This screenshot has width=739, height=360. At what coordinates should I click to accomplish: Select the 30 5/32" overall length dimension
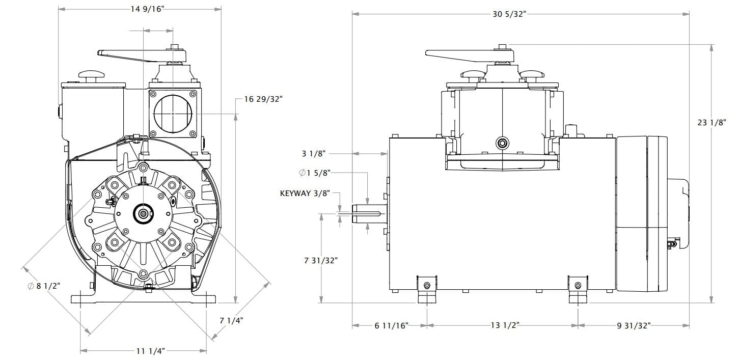click(509, 14)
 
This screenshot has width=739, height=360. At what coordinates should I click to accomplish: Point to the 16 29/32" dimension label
click(263, 99)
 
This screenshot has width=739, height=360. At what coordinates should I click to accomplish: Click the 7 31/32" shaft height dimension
click(321, 260)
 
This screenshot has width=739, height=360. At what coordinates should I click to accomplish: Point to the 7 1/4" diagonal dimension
click(231, 320)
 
